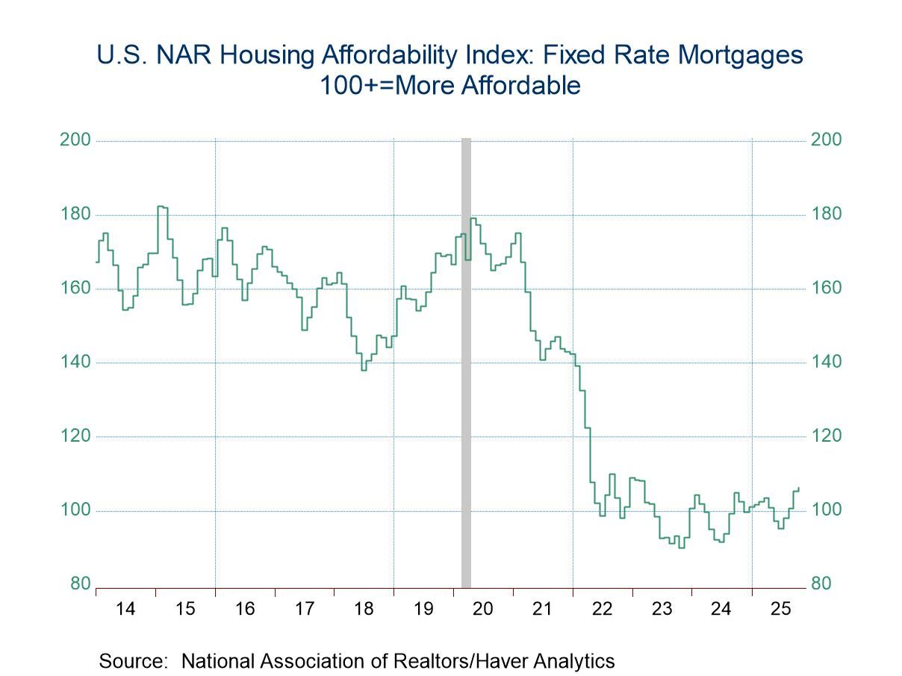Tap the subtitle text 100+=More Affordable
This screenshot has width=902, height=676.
pos(450,85)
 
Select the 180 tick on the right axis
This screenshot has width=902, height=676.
pos(826,214)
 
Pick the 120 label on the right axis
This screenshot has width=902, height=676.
pos(826,436)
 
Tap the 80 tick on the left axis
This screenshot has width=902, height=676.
pos(79,584)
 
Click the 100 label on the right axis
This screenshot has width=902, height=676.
pos(826,510)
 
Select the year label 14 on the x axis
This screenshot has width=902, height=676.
pos(125,609)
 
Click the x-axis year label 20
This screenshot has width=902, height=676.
pos(483,609)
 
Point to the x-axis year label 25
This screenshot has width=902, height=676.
pos(780,609)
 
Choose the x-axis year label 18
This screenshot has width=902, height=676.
pos(364,609)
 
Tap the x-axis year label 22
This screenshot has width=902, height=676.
pos(602,609)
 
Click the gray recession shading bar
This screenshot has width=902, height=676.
pos(466,373)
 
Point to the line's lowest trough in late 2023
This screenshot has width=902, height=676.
pos(680,547)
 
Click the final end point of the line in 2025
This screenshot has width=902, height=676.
pos(798,488)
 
